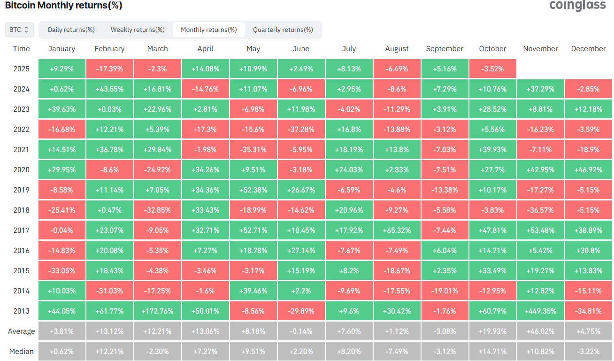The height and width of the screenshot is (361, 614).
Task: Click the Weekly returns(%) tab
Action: coord(138,30)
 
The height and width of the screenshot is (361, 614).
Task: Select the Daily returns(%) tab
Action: coord(71,30)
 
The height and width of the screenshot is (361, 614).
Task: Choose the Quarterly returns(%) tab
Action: coord(283,30)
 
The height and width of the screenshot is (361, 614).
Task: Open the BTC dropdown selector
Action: coord(19,30)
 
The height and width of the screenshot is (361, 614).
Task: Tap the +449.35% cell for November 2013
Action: coord(540,311)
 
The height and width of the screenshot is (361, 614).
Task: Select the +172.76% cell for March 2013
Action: coord(157,311)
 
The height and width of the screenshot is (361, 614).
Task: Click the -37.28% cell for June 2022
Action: coord(301,129)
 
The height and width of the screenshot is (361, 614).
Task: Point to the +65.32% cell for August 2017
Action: coord(397,230)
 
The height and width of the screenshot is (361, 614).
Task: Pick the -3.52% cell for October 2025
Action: coord(492,69)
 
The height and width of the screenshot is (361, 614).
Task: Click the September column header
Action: coord(445,49)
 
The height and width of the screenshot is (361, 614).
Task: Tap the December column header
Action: coord(588,49)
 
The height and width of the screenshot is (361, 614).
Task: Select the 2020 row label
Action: coord(21,169)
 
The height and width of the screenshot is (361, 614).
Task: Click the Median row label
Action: coord(21,351)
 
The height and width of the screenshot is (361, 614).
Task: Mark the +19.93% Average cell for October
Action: coord(492,331)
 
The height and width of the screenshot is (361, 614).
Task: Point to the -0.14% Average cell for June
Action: coord(301,331)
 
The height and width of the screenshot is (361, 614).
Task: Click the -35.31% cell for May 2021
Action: coord(253,149)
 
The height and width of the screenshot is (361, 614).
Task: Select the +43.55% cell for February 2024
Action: coord(109,89)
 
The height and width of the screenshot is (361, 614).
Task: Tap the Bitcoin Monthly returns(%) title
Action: coord(63,6)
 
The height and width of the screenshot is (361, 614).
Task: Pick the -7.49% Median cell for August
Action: coord(397,351)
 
